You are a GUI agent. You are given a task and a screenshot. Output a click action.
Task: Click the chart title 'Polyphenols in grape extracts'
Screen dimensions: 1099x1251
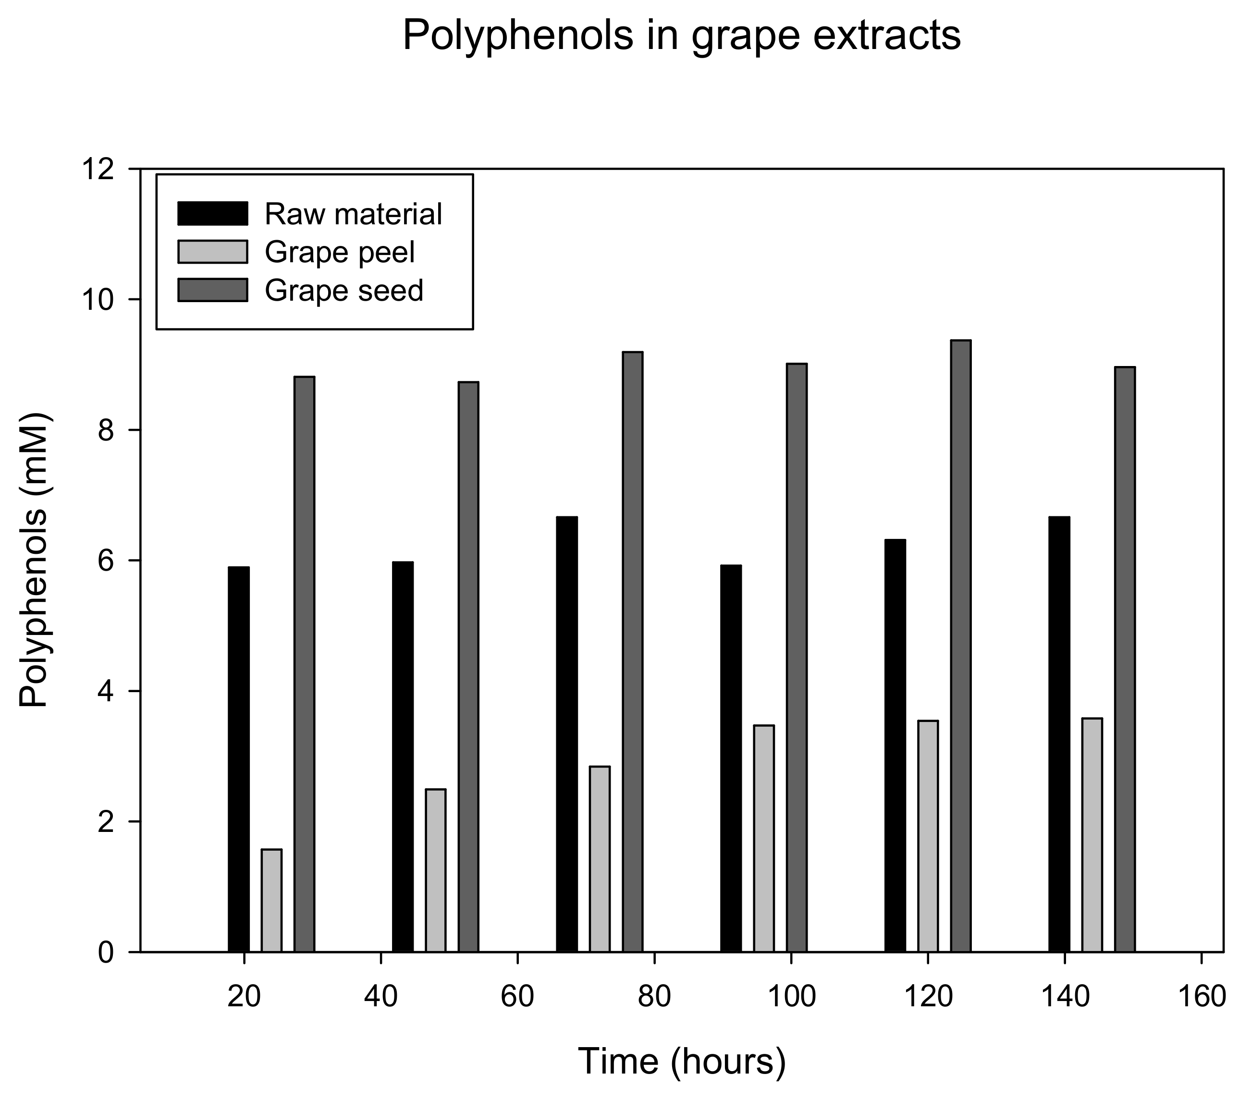tap(681, 36)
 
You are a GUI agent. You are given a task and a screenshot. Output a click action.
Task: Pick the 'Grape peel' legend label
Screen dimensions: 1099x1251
tap(340, 252)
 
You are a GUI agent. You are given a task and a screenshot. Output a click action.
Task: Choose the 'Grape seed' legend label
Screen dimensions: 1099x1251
tap(344, 290)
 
